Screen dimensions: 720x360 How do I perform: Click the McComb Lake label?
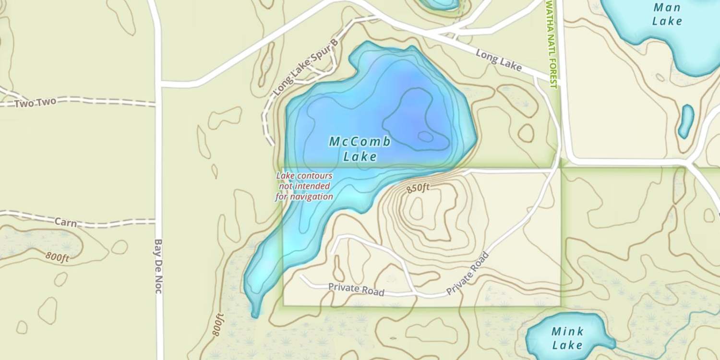[360, 149]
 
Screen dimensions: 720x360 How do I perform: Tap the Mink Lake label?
[567, 338]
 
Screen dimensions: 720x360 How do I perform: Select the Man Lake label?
[667, 14]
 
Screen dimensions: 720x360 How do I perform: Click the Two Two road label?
[35, 103]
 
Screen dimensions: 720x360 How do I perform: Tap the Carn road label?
[65, 222]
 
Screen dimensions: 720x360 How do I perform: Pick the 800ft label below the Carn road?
[58, 257]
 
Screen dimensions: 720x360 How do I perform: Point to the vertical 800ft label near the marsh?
[218, 324]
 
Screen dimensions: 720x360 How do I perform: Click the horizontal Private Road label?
[356, 289]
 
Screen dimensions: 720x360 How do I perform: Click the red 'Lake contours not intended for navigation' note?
[304, 186]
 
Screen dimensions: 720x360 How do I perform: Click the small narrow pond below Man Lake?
[686, 121]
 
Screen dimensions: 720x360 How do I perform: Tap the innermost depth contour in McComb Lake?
[425, 136]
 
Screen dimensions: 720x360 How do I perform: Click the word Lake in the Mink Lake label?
[567, 345]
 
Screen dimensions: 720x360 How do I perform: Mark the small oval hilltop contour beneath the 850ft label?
[416, 209]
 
